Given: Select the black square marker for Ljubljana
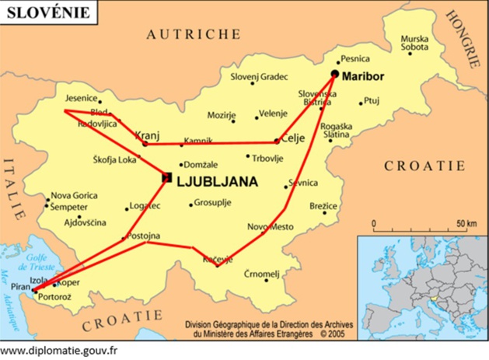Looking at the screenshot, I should coord(166,178).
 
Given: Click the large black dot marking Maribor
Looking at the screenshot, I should coord(335,74).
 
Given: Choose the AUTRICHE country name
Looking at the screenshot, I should coord(194,34).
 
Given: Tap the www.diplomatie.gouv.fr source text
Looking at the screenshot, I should coord(59,351).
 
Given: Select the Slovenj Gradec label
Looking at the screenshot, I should coord(259,77).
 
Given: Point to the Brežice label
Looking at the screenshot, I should coord(323,206).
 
